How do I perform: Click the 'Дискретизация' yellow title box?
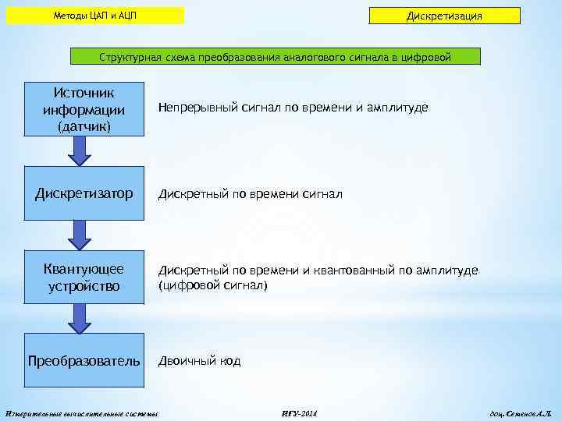[444, 16]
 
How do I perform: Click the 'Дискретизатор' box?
[84, 193]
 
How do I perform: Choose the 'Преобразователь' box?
[84, 361]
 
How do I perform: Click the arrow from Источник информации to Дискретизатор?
[80, 151]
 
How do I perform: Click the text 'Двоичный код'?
[200, 361]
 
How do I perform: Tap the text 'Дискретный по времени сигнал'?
[251, 193]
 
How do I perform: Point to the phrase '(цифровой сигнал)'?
[213, 286]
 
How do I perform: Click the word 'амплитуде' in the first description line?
[397, 108]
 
